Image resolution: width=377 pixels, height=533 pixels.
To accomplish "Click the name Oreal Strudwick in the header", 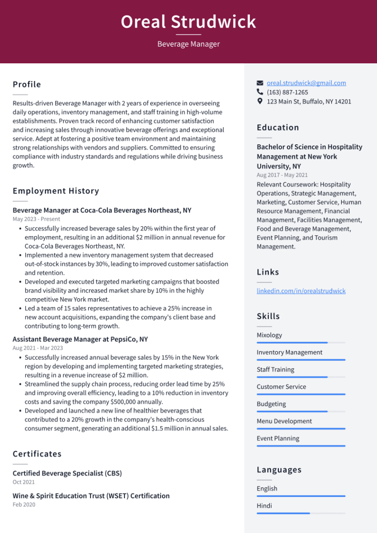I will [188, 22].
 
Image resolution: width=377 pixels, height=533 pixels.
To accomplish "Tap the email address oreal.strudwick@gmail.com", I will [306, 83].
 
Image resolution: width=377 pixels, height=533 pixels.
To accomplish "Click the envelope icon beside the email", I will [260, 83].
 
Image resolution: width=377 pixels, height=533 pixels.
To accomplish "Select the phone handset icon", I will [260, 92].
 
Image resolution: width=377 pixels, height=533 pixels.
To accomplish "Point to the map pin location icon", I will [260, 101].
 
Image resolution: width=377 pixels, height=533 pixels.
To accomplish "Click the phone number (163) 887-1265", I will [287, 92].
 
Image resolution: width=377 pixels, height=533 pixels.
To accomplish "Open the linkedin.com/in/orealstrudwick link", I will [301, 291].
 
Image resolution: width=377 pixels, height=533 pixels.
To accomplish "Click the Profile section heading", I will [27, 84].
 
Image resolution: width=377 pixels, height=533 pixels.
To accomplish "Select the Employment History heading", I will [56, 191].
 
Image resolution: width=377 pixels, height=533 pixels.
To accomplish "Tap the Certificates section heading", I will [37, 454].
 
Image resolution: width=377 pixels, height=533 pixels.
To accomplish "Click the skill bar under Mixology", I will [301, 342].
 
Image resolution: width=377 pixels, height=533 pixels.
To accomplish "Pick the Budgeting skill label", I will [271, 404].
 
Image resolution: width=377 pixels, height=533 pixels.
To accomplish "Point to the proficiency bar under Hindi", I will [301, 513].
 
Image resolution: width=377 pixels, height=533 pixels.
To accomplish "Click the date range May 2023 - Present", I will [36, 219].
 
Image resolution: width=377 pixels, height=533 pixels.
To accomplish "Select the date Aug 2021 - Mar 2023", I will [38, 348].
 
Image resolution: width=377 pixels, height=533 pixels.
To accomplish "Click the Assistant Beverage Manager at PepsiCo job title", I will [80, 339].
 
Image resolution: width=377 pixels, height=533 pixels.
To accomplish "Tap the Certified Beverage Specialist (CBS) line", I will [67, 473].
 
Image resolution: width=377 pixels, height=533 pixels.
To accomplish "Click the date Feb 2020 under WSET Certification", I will [24, 504].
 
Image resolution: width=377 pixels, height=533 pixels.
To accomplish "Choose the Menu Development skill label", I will [284, 421].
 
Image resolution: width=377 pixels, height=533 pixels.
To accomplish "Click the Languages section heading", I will [279, 470].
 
